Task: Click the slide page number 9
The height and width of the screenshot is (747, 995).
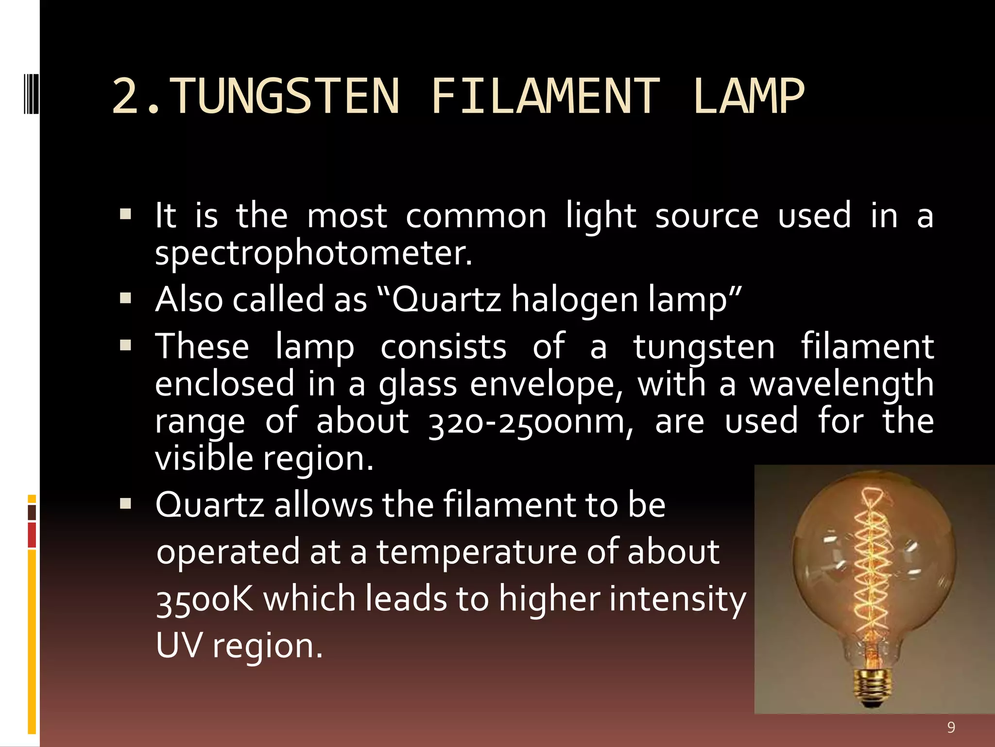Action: [951, 728]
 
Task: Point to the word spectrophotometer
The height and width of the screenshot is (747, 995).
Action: [313, 254]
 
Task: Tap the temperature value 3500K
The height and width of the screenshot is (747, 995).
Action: [205, 599]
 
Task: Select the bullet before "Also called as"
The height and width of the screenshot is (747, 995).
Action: [125, 298]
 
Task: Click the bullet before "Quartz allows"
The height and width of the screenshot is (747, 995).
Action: [125, 504]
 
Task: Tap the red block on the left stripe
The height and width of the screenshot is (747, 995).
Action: [32, 535]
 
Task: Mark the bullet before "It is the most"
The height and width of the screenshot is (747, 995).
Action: [125, 214]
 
